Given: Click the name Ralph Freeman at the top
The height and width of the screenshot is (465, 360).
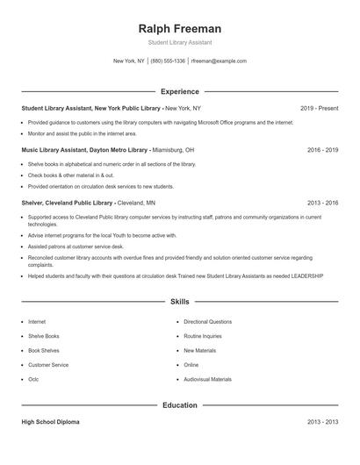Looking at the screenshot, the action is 179,28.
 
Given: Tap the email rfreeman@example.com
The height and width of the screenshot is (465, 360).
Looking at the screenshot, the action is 219,61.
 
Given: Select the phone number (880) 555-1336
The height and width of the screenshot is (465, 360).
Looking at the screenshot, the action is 168,61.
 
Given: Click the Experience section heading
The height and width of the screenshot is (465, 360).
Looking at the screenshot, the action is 179,91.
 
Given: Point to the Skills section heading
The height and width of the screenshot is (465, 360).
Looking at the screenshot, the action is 179,302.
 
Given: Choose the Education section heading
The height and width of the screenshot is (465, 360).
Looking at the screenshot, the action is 179,405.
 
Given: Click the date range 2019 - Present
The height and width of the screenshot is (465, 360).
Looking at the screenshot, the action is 319,108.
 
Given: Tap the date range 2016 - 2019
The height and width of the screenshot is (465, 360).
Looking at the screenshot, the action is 322,150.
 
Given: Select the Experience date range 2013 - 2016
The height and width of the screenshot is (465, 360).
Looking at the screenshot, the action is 322,202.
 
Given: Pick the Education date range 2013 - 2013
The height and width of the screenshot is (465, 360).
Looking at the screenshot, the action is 322,422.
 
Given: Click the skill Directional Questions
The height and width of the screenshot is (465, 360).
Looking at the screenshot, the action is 208,322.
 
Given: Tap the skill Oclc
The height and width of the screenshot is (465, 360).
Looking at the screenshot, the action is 33,379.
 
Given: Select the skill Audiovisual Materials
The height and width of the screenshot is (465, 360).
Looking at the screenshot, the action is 208,379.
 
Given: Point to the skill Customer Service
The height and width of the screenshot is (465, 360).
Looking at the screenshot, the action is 48,365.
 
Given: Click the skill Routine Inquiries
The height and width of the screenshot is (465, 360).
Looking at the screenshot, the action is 203,336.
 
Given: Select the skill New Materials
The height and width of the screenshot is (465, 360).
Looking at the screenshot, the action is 199,350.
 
